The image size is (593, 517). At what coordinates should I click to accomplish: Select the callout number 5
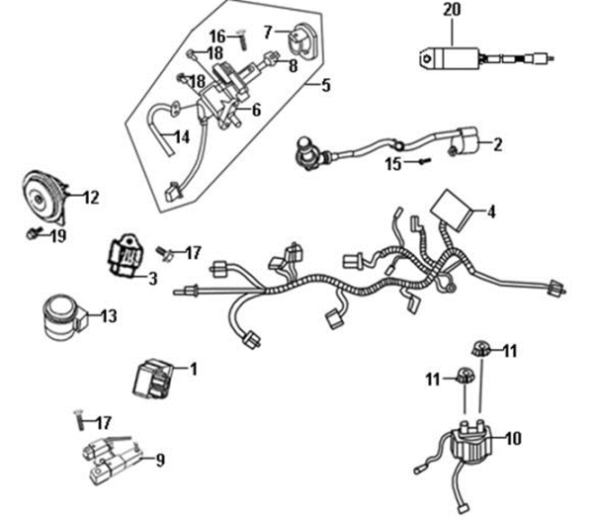coord(326,86)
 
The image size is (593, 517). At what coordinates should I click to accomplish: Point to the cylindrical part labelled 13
coord(59,314)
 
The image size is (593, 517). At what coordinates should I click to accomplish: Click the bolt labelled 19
coord(33,234)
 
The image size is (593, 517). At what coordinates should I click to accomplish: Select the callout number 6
coord(256,110)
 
